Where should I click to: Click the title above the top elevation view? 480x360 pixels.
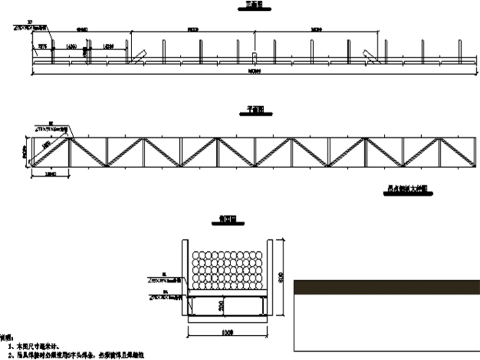(254, 6)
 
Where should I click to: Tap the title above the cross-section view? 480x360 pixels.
(227, 220)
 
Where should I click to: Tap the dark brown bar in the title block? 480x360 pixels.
(387, 287)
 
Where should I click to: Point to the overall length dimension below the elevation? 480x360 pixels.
(254, 73)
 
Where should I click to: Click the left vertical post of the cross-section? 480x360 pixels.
(184, 278)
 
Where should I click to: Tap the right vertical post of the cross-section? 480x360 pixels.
(268, 278)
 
